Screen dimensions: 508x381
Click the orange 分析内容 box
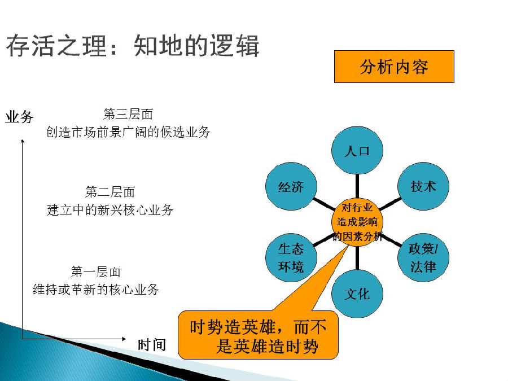point(394,67)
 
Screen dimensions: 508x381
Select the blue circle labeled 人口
point(357,150)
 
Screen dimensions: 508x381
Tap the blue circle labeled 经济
point(291,186)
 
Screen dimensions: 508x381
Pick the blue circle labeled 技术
point(423,186)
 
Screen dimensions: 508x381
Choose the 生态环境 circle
point(291,257)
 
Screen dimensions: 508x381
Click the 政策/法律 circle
point(423,257)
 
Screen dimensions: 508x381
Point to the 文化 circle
point(357,294)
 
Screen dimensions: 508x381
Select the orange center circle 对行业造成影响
point(357,222)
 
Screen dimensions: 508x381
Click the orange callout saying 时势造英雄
point(258,335)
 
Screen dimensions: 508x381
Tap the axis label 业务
point(19,117)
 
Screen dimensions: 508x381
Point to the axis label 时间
point(152,345)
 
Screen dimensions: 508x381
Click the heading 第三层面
point(128,114)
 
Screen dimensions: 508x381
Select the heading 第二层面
point(110,192)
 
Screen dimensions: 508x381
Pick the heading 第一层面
point(95,271)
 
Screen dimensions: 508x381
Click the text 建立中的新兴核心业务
point(110,210)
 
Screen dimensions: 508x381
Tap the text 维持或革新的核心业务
point(95,290)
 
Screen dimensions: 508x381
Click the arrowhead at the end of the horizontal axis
point(124,339)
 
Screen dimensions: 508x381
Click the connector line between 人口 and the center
point(357,186)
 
